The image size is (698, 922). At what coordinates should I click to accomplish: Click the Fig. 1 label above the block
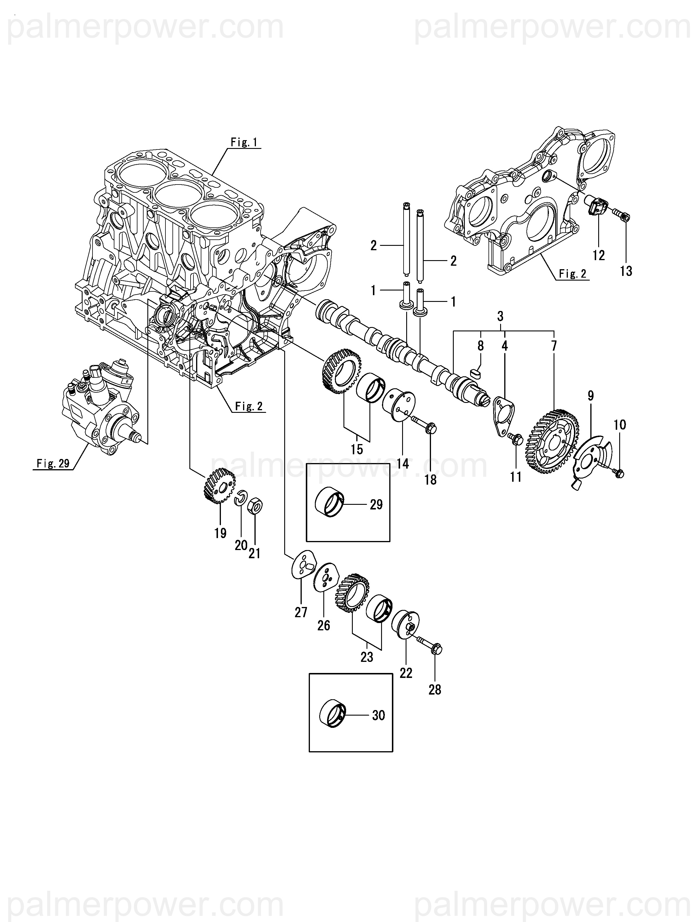click(x=244, y=142)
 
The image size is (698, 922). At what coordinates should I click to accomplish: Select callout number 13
click(x=626, y=271)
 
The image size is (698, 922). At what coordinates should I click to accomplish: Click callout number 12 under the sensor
click(x=598, y=255)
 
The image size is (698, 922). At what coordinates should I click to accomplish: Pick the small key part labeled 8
click(x=475, y=372)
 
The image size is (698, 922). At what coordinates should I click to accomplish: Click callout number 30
click(x=378, y=715)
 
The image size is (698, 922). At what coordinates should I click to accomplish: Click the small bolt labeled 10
click(x=618, y=473)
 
